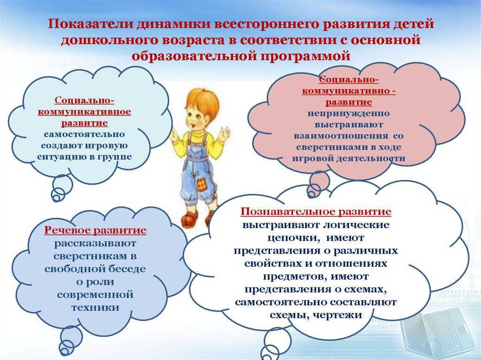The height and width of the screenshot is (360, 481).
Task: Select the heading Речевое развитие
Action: [95, 230]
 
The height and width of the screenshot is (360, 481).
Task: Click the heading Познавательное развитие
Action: [316, 212]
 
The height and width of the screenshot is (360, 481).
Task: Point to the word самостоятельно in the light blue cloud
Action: [85, 134]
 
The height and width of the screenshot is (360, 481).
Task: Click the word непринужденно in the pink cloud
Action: [349, 113]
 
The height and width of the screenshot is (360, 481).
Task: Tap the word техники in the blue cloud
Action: [95, 307]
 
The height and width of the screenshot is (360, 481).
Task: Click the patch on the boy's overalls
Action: [201, 185]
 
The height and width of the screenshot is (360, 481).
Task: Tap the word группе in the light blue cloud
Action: [115, 157]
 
